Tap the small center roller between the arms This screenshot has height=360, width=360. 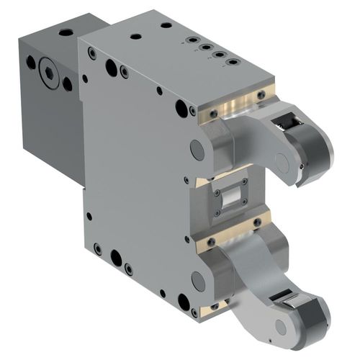coord(231,196)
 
